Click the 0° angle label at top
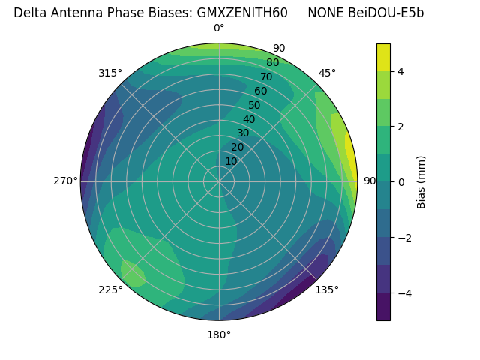click(x=219, y=28)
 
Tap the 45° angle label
click(x=327, y=73)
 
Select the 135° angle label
click(x=327, y=289)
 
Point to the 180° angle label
click(x=219, y=334)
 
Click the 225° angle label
click(x=110, y=289)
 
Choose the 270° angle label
click(x=65, y=181)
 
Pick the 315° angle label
click(x=110, y=73)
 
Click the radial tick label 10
click(x=231, y=161)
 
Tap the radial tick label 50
click(x=254, y=106)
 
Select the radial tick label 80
click(x=272, y=63)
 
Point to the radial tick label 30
click(x=243, y=133)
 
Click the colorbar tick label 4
click(x=401, y=71)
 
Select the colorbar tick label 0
click(x=401, y=181)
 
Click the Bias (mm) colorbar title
click(x=421, y=181)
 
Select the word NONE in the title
click(x=325, y=13)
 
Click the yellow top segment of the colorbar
click(x=383, y=57)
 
